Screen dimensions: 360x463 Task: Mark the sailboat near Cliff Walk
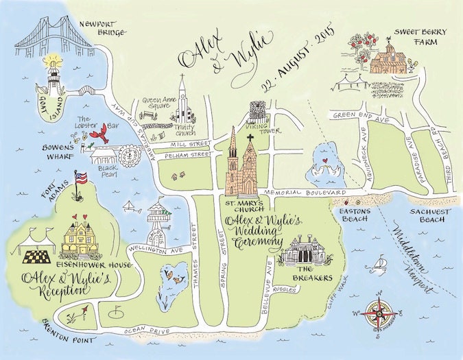380,263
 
